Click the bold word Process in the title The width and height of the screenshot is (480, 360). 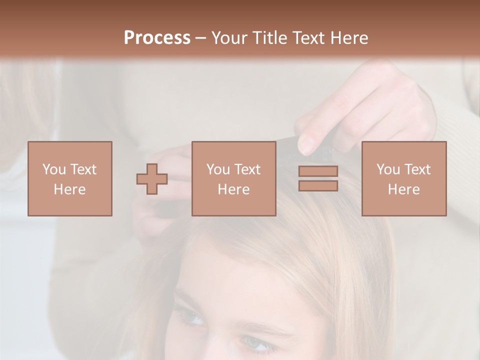pos(157,38)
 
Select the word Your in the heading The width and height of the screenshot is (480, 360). pos(229,38)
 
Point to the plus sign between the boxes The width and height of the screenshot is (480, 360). pos(152,179)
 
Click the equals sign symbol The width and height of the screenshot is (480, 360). pos(318,178)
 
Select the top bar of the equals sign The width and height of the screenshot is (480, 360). pos(318,171)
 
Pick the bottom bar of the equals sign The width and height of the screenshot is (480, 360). pos(318,185)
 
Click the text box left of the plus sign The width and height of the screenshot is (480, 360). pos(70,178)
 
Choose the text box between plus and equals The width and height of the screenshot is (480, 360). pos(233,178)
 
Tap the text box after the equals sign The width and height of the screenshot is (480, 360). pos(404,178)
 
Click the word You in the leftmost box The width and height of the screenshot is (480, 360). pos(53,169)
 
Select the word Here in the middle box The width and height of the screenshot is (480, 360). pos(233,189)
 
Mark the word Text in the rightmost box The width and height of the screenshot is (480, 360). pos(417,169)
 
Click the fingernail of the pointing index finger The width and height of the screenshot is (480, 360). pos(305,145)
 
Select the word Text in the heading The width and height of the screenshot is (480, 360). pos(308,38)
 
